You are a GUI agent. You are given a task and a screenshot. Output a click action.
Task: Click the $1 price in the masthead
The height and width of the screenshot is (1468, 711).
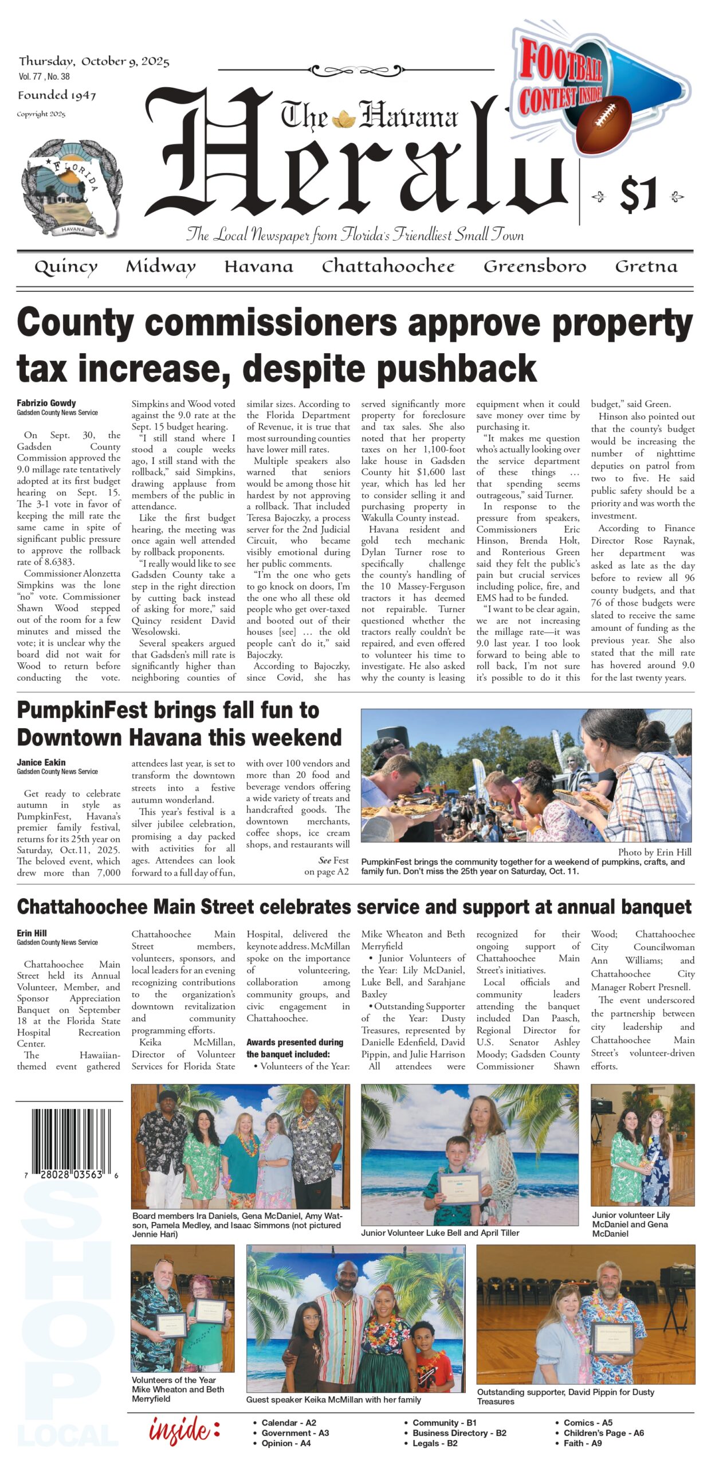point(638,195)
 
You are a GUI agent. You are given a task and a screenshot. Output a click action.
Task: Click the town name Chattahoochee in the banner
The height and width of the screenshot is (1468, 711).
point(388,267)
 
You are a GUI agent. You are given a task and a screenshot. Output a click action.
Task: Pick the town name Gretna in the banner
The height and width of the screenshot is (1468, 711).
point(646,267)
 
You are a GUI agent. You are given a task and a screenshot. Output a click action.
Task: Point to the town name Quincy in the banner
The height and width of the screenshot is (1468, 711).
point(66,267)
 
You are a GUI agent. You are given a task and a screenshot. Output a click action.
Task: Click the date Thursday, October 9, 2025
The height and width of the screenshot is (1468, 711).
point(94,61)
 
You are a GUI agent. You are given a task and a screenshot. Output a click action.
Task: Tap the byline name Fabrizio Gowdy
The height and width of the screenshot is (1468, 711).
point(46,403)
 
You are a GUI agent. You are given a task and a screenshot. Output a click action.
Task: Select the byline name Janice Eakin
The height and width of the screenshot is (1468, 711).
point(41,762)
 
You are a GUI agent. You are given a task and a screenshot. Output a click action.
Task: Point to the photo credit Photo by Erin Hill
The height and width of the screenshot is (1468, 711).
point(654,852)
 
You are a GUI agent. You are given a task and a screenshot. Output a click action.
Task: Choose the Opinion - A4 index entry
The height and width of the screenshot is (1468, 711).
point(286,1443)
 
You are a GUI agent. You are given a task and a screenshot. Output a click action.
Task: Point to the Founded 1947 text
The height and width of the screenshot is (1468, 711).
point(57,95)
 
